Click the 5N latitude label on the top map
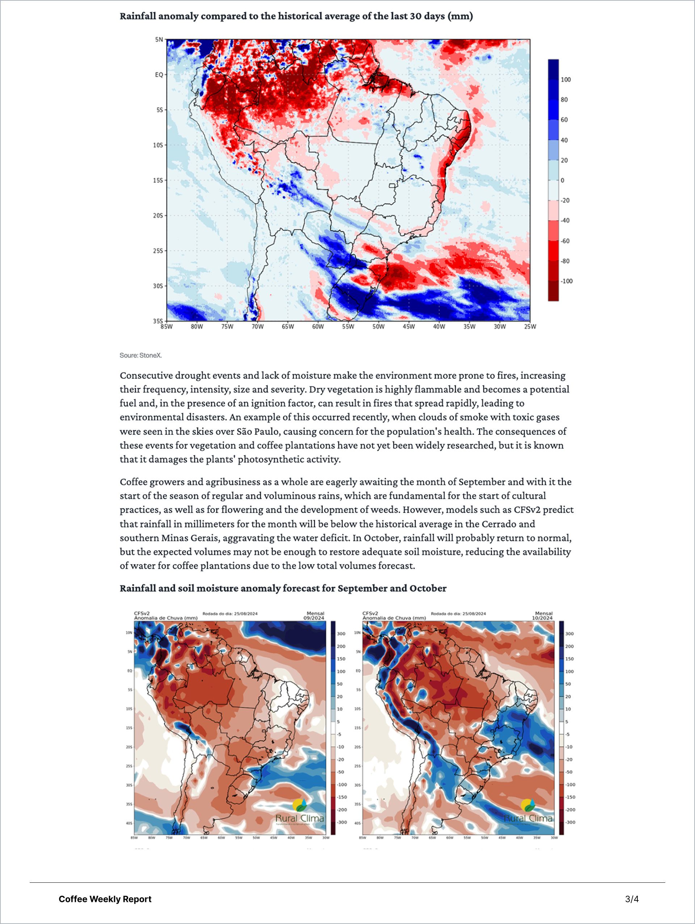tap(159, 40)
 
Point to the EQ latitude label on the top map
tap(159, 75)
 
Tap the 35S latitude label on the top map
tap(157, 321)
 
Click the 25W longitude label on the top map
tap(530, 327)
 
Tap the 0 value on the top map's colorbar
tap(562, 181)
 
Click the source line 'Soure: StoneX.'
tap(140, 356)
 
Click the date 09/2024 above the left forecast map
tap(313, 618)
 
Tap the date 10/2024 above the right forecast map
tap(542, 618)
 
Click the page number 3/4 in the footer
tap(632, 899)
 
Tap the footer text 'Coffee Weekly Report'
tap(105, 899)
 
